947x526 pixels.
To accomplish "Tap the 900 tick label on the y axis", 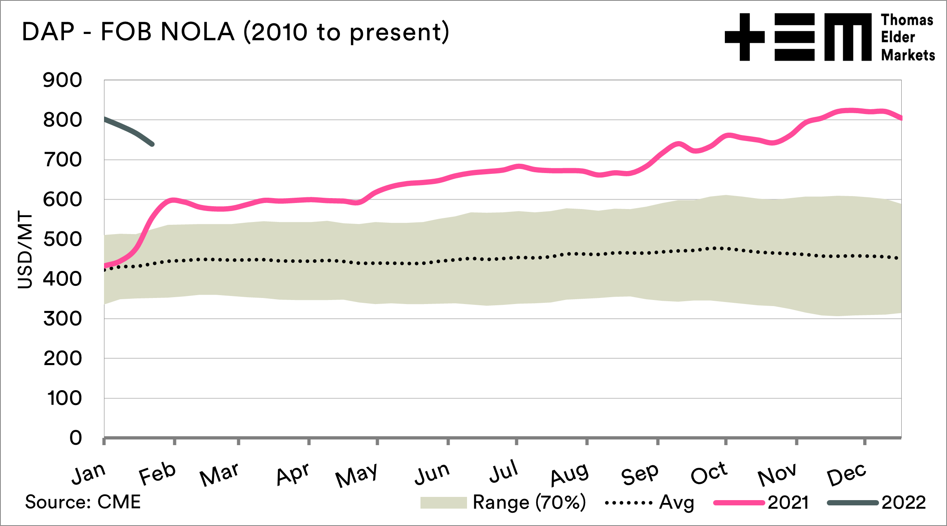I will click(x=62, y=80).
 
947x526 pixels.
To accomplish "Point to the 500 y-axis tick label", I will click(x=62, y=239).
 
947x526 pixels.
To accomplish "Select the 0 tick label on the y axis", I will click(x=75, y=438).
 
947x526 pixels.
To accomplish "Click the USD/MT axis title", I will click(x=25, y=249).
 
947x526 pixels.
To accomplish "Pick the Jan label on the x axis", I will click(x=89, y=473).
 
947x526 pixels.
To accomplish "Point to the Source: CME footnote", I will click(x=83, y=502).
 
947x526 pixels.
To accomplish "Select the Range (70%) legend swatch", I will click(x=444, y=503).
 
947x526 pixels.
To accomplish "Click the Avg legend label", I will click(x=677, y=503).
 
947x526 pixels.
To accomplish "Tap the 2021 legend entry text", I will click(x=788, y=503).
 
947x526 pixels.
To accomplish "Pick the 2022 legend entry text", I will click(x=904, y=503).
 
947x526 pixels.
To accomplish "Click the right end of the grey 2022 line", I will click(x=152, y=144).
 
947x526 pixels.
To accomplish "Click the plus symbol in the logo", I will click(x=745, y=37).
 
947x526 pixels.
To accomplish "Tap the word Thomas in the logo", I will click(x=907, y=20).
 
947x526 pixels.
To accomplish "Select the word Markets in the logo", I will click(x=908, y=55).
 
